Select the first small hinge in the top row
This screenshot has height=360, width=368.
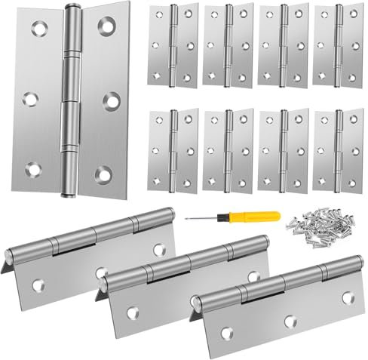pos(173,45)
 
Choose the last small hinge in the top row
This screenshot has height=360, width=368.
pos(338,45)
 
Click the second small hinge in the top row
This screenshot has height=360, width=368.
pos(228,45)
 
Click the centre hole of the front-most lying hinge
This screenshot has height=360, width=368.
pos(289,321)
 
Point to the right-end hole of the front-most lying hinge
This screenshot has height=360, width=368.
pos(348,297)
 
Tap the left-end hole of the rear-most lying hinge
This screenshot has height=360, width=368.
pos(38,285)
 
